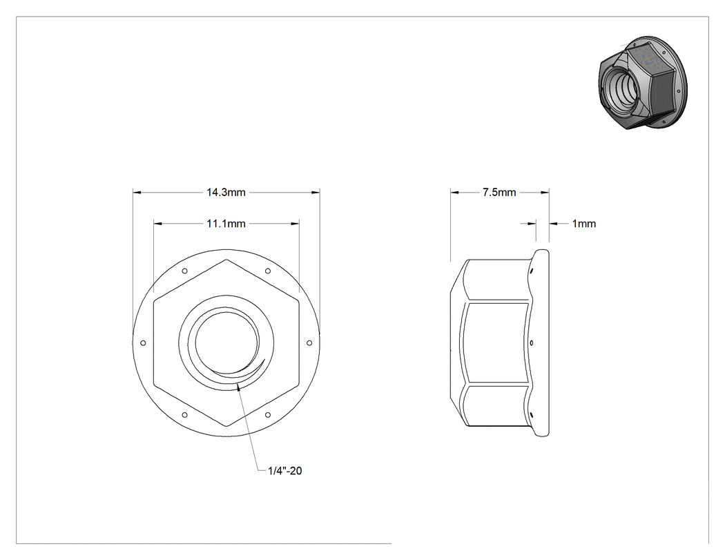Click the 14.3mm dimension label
point(226,193)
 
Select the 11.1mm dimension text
point(226,224)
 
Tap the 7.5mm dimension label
point(499,193)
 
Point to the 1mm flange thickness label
point(584,224)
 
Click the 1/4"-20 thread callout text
point(284,471)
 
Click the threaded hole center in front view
point(226,343)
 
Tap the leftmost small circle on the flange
point(144,343)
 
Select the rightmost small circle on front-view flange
point(309,343)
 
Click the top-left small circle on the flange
point(185,271)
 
